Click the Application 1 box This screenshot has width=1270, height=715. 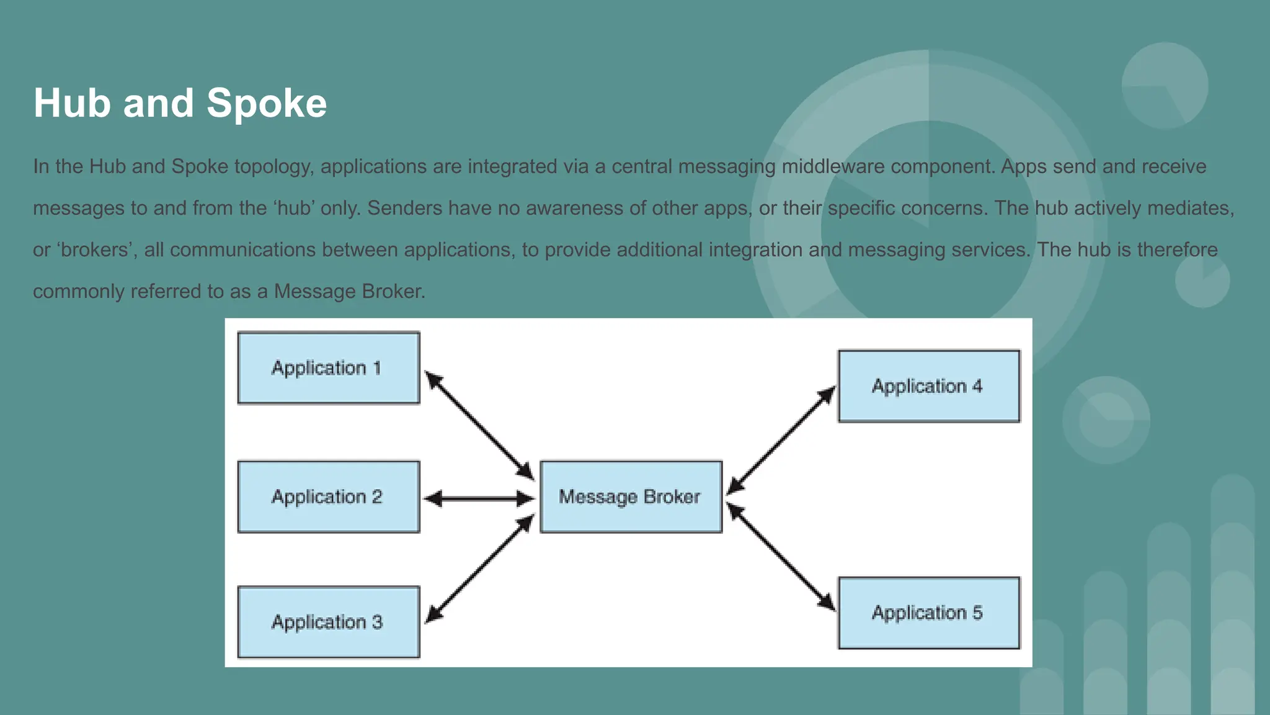coord(329,368)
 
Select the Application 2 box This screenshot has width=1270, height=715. coord(329,497)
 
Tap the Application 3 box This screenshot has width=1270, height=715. coord(329,622)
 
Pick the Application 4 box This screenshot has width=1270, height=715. coord(928,386)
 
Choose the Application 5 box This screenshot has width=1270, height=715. coord(928,613)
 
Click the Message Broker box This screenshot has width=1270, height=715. coord(631,497)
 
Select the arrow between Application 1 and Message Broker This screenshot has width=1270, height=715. coord(479,425)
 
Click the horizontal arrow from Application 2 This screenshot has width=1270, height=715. coord(479,498)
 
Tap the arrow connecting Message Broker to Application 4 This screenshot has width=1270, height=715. coord(781,440)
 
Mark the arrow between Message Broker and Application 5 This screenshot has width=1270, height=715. coord(781,557)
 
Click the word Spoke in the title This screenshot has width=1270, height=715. coord(266,103)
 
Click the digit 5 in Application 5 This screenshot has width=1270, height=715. coord(978,613)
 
